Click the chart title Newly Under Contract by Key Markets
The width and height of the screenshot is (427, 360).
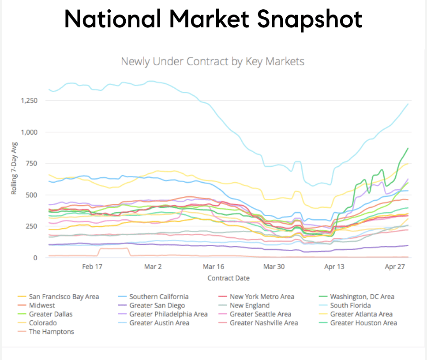point(213,61)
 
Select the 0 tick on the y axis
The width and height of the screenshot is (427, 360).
point(41,258)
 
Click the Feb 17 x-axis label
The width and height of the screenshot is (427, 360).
point(92,266)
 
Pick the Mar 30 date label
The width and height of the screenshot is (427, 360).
point(274,266)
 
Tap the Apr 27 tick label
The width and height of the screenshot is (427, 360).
point(395,266)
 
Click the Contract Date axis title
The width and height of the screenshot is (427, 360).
point(228,278)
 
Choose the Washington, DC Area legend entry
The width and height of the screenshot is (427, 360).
point(362,296)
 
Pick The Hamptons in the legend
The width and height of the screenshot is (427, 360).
point(51,332)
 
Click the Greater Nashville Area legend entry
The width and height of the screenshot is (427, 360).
point(264,323)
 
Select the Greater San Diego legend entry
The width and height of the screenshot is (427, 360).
point(157,305)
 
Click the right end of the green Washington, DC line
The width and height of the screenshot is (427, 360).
point(408,148)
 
